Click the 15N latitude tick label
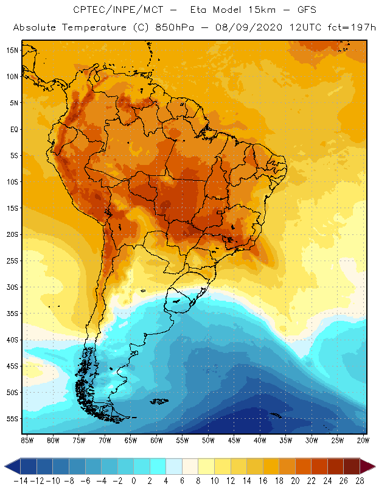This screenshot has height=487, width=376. pos(12,50)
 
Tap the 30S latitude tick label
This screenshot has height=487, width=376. pos(12,287)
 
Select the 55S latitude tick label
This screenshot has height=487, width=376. pos(12,419)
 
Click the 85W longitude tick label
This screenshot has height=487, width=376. pos(27,440)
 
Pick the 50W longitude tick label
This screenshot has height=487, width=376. pos(209,440)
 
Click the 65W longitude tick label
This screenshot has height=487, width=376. pos(131,440)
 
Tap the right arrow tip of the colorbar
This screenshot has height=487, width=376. pos(372,466)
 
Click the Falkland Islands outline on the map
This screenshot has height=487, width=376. pos(159,401)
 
